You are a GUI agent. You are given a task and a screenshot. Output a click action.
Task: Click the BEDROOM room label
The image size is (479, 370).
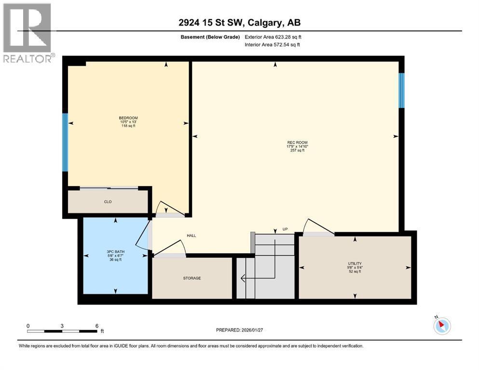128,118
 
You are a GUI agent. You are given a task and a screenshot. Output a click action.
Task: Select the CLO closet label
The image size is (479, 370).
108,202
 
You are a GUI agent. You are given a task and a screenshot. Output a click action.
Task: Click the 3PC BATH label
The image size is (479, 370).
115,251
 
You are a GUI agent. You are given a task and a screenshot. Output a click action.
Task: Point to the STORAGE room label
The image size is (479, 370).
192,278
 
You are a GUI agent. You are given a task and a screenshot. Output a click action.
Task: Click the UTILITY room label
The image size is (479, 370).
355,264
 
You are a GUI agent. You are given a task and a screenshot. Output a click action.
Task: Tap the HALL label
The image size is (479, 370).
192,236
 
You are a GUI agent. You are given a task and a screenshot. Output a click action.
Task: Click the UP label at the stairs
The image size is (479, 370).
285,229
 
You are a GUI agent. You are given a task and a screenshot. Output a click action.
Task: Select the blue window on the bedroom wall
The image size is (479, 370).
65,142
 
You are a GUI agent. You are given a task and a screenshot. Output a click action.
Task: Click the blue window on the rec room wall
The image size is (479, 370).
401,90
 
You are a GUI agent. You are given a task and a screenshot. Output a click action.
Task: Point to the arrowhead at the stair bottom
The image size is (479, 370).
243,278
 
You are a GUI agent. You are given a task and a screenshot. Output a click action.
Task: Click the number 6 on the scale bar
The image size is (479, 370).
97,326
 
